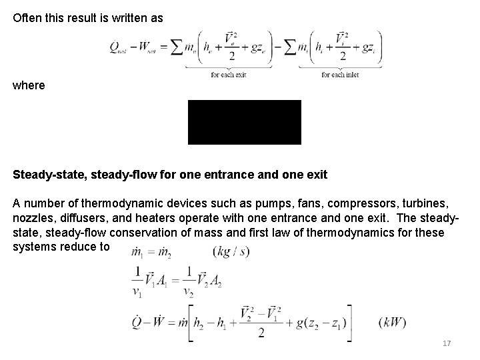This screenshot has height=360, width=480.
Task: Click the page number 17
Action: [x=447, y=343]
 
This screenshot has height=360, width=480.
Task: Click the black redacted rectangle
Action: [x=244, y=122]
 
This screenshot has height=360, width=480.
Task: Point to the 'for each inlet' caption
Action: [x=340, y=75]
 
